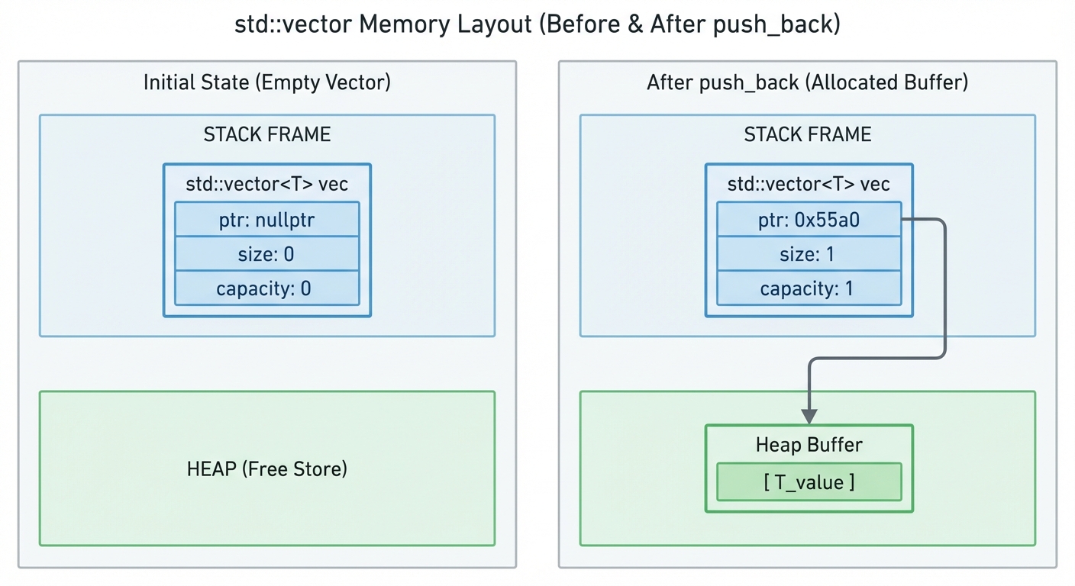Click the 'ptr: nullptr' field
[x=266, y=220]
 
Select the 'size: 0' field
[x=266, y=254]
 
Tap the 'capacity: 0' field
[x=266, y=288]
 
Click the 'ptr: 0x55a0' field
[x=809, y=220]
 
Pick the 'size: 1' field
[x=809, y=254]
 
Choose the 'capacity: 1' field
[x=809, y=288]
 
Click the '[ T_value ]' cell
[x=809, y=482]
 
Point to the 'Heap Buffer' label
[x=809, y=445]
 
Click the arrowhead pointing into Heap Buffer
[x=809, y=417]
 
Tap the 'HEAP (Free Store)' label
[x=266, y=468]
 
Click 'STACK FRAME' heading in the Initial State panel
[x=266, y=135]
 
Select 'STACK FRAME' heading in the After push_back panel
[x=807, y=135]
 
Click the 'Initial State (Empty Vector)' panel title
[x=266, y=82]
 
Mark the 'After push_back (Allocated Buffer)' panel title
[x=807, y=82]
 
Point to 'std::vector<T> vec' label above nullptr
[x=266, y=185]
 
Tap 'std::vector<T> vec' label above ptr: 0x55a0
[x=809, y=185]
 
